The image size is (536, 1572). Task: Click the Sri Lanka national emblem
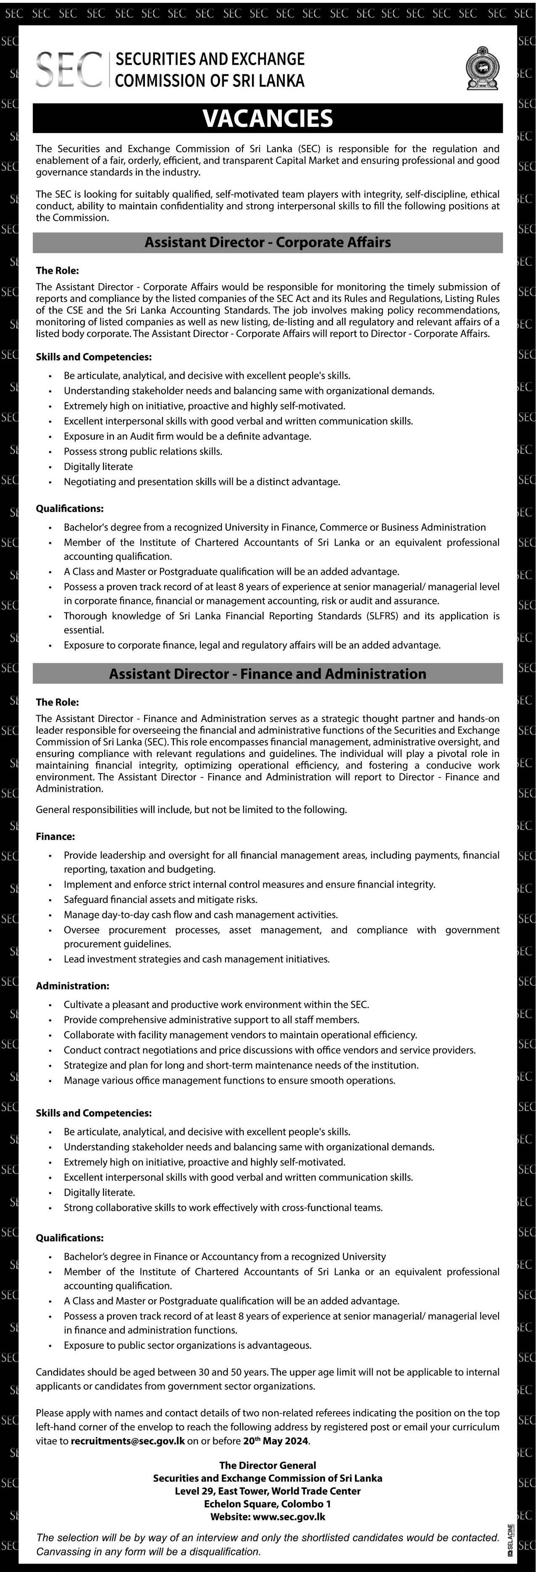pyautogui.click(x=482, y=69)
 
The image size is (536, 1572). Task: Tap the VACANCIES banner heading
pyautogui.click(x=268, y=118)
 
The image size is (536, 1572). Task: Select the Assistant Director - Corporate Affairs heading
pyautogui.click(x=268, y=242)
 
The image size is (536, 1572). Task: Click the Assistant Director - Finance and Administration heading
pyautogui.click(x=268, y=674)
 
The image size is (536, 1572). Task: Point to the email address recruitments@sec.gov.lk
pyautogui.click(x=128, y=1441)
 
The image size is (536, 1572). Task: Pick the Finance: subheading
pyautogui.click(x=55, y=837)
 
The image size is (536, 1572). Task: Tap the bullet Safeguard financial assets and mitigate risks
pyautogui.click(x=160, y=900)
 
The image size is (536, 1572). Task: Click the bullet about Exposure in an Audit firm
pyautogui.click(x=187, y=436)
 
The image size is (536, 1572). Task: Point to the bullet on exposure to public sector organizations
pyautogui.click(x=187, y=1345)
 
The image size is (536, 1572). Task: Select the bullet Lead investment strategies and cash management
pyautogui.click(x=197, y=959)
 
